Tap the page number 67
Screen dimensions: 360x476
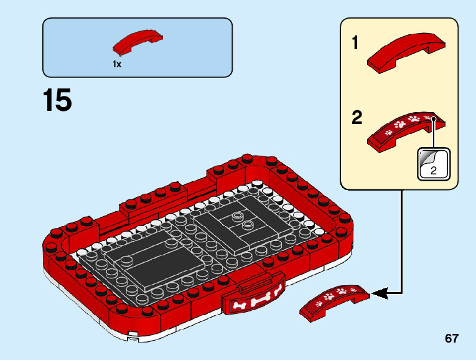(452, 338)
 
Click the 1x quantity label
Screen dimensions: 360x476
(117, 64)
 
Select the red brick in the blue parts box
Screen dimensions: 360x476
(139, 42)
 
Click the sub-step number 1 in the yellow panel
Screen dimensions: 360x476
(355, 44)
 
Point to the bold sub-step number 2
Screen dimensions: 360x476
(357, 118)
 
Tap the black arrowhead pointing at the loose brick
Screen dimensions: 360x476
(378, 291)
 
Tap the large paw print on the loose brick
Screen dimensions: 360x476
(342, 290)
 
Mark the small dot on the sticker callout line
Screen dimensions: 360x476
(433, 118)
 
